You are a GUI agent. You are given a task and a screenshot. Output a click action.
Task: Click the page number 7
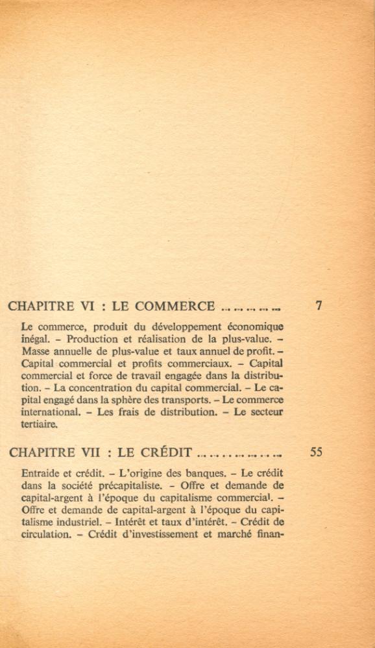click(319, 305)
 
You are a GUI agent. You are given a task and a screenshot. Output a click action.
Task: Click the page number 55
click(317, 452)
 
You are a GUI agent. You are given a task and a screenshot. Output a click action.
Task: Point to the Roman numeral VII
click(82, 452)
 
